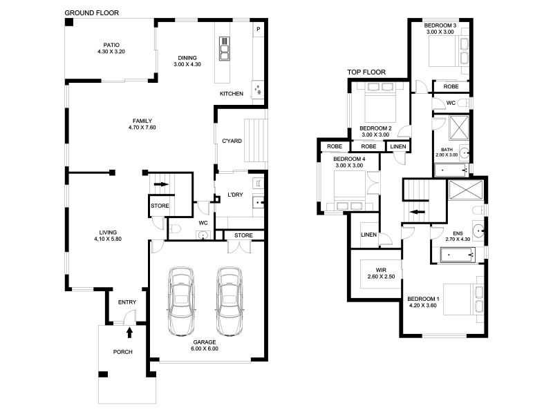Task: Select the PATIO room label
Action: coord(109,48)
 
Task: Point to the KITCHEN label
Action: coord(231,94)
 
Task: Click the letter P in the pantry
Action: coord(258,29)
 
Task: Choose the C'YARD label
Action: coord(231,141)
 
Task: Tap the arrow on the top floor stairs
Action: coord(416,213)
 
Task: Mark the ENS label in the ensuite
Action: coord(458,233)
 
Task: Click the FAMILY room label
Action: coord(142,121)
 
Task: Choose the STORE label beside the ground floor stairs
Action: coord(160,206)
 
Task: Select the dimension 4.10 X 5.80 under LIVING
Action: coord(107,239)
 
